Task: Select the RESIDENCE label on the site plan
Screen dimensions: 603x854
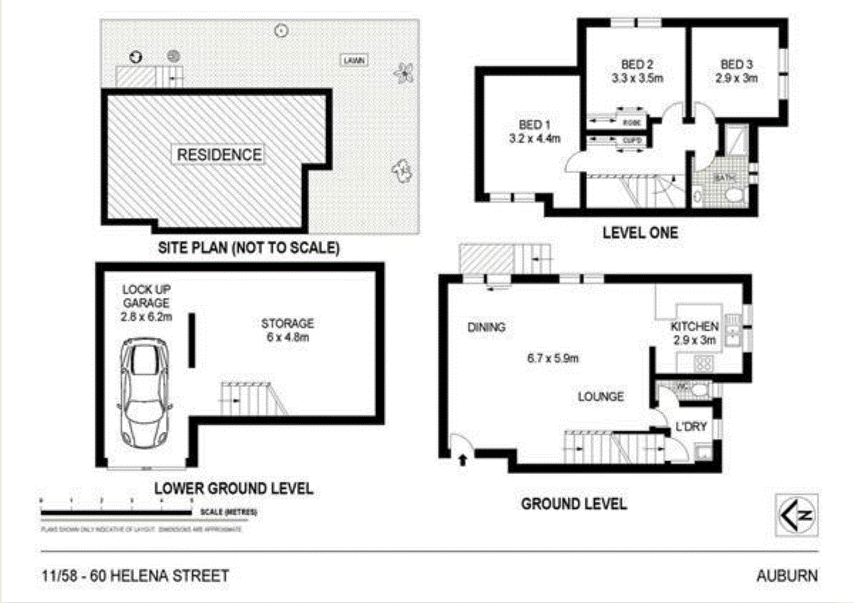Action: click(x=219, y=155)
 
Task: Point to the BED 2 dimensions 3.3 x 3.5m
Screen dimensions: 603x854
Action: click(x=637, y=78)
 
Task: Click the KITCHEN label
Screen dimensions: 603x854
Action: click(x=694, y=326)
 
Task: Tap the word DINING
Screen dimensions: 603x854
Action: click(x=486, y=327)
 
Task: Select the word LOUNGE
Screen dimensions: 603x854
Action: click(x=600, y=396)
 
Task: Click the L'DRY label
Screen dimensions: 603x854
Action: click(x=690, y=427)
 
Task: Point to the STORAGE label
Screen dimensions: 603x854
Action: click(x=288, y=323)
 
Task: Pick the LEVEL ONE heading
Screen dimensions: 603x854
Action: click(x=640, y=232)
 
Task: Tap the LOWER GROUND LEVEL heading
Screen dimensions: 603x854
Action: click(x=234, y=488)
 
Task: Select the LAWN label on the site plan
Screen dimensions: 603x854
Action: click(x=354, y=61)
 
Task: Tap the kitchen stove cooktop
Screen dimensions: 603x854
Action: click(x=704, y=363)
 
